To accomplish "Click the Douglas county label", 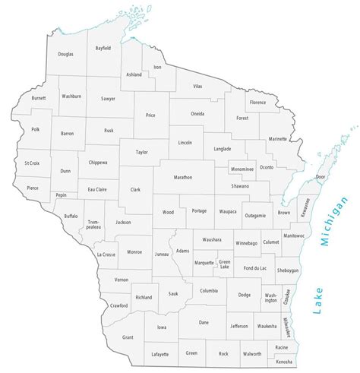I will pyautogui.click(x=65, y=55).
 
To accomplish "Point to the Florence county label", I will pyautogui.click(x=257, y=102).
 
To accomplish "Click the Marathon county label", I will pyautogui.click(x=183, y=177).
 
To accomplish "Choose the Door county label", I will pyautogui.click(x=320, y=176).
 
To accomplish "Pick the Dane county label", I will pyautogui.click(x=203, y=323).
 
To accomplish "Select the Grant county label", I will pyautogui.click(x=128, y=337).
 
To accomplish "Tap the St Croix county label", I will pyautogui.click(x=32, y=163).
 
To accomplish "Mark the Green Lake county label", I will pyautogui.click(x=224, y=264).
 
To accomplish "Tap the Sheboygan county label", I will pyautogui.click(x=289, y=270).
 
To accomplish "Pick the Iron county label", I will pyautogui.click(x=157, y=68).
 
